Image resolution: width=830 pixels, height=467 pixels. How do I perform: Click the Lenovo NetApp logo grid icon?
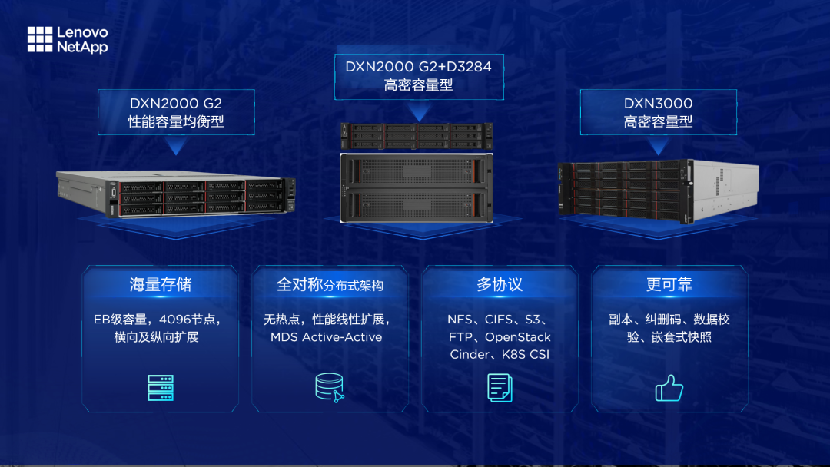point(40,39)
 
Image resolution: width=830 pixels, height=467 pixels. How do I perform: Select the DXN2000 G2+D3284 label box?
point(418,75)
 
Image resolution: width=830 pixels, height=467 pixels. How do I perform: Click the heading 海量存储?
point(161,285)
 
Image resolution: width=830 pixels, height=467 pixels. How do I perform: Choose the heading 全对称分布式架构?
point(330,285)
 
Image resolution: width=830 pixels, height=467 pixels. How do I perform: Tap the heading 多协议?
point(500,285)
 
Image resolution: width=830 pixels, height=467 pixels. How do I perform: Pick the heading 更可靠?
point(669,285)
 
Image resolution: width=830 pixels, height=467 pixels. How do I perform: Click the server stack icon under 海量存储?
point(161,388)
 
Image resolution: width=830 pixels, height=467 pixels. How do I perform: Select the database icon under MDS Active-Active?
point(330,387)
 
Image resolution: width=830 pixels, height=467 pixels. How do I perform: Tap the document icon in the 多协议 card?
point(500,387)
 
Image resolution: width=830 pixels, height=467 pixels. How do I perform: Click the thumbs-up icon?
point(669,388)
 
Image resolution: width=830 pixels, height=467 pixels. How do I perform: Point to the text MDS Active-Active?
point(326,337)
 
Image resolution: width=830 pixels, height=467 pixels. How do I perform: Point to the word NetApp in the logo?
point(82,47)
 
